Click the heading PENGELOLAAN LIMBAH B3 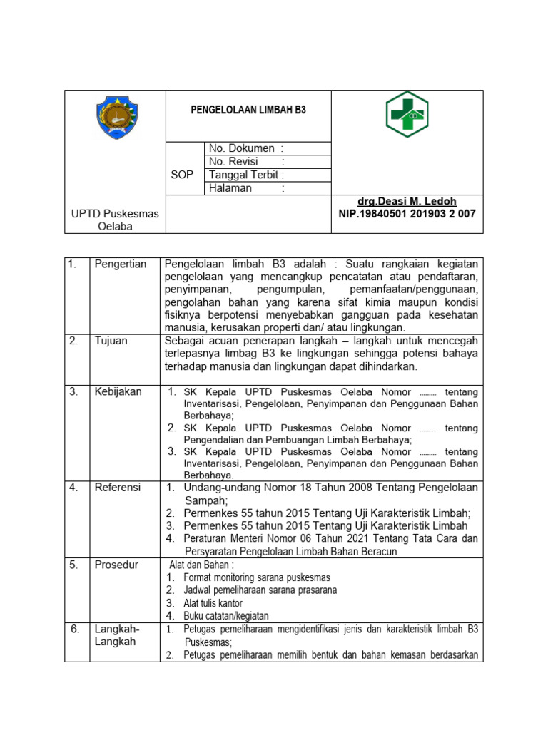(248, 110)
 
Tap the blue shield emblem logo (117, 118)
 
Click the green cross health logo (407, 114)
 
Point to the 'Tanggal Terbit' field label (246, 175)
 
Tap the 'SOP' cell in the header (182, 175)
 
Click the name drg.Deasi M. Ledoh (407, 202)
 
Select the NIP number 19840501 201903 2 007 (407, 214)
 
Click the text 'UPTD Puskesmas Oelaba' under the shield (115, 220)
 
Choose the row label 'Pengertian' (121, 264)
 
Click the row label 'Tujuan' (111, 341)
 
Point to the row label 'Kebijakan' (118, 391)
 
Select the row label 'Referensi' (118, 488)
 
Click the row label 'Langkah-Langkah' (118, 635)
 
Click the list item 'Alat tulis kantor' (213, 603)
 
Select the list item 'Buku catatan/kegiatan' (225, 616)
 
